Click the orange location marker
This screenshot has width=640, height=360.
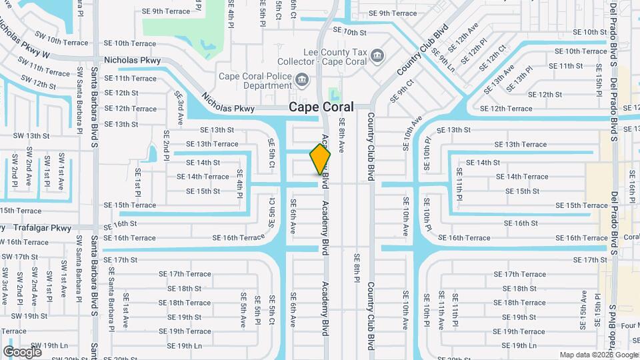coord(320,159)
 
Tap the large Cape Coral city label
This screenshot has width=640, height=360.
coord(321,107)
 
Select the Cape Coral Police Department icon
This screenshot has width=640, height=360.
coord(301,81)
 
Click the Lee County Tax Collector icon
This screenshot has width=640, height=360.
coord(377,54)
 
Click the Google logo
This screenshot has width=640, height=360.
coord(22,351)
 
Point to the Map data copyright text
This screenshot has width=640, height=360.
coord(598,355)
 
